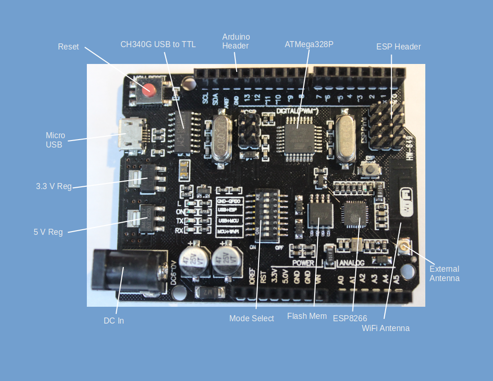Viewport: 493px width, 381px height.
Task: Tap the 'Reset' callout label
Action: [x=68, y=47]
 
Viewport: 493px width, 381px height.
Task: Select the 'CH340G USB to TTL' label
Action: [x=158, y=44]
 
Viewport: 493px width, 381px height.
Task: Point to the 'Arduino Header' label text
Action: [x=236, y=41]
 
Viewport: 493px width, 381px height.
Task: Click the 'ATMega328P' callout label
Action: [x=309, y=44]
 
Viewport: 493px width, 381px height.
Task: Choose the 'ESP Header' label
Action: [x=398, y=47]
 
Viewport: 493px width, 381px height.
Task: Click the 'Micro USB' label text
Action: [x=55, y=140]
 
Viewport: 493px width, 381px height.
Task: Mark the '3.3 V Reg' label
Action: [x=54, y=186]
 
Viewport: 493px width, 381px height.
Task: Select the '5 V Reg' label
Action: [x=48, y=232]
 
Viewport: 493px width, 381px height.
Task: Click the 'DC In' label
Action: [x=113, y=321]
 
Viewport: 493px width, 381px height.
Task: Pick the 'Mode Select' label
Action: [x=251, y=318]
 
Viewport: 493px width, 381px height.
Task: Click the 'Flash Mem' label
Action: [x=307, y=316]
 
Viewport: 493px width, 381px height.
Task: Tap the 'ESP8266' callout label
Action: [x=350, y=318]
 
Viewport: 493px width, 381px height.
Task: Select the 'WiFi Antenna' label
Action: [x=386, y=328]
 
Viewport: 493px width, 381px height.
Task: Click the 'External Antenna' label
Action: [x=444, y=274]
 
